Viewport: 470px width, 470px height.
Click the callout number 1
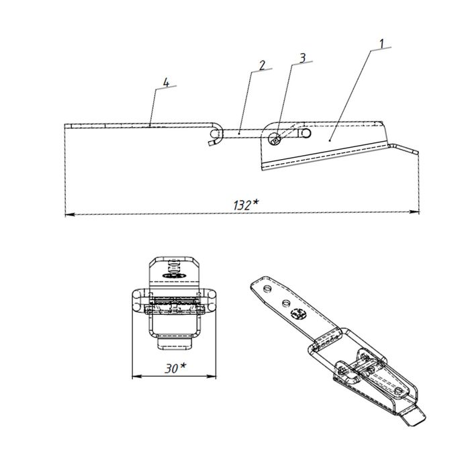381,44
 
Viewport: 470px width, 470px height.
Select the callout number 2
263,65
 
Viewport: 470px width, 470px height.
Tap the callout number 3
303,58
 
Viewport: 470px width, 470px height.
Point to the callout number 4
167,82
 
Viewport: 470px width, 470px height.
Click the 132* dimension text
246,205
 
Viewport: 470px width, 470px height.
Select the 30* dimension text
175,368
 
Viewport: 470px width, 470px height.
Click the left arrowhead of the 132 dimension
70,214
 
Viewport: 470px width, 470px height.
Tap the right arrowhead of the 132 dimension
414,212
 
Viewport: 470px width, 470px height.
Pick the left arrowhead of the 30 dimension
137,377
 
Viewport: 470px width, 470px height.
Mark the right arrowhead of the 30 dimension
211,376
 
